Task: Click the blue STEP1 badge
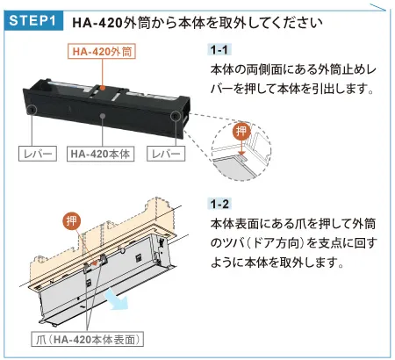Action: click(x=33, y=20)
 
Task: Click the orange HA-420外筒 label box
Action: click(x=102, y=51)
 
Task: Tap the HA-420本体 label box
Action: click(x=100, y=154)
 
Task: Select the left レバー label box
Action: click(x=38, y=154)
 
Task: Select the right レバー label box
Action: click(x=166, y=154)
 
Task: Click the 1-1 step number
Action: click(x=219, y=50)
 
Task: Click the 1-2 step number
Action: click(x=219, y=204)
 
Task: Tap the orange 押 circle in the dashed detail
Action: click(x=241, y=131)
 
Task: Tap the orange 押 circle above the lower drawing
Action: click(x=72, y=221)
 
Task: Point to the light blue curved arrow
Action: click(x=117, y=299)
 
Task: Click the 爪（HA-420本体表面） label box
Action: click(x=88, y=339)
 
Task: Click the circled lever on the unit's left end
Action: click(x=31, y=110)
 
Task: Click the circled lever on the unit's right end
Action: click(x=175, y=116)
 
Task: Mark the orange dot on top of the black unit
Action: click(x=102, y=88)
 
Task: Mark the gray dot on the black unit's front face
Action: click(x=103, y=116)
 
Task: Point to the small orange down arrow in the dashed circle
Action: click(x=241, y=148)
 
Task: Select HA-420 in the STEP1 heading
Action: click(x=97, y=23)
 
